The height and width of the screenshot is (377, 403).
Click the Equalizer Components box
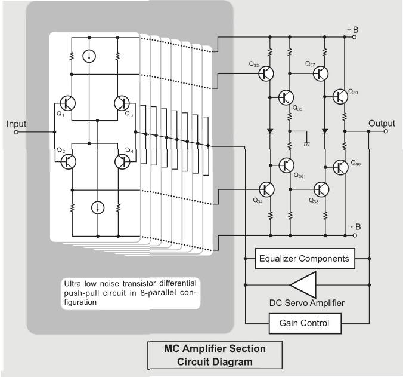[x=304, y=260]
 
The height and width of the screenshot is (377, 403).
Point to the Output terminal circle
[x=386, y=131]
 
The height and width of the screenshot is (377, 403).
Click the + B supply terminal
[x=355, y=36]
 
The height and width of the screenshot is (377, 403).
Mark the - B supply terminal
[x=355, y=235]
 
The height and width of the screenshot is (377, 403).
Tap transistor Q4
[x=123, y=161]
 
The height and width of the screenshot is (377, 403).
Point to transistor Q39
[x=340, y=96]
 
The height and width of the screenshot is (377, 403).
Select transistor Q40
[x=340, y=167]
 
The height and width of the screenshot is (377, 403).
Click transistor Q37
[x=321, y=73]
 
